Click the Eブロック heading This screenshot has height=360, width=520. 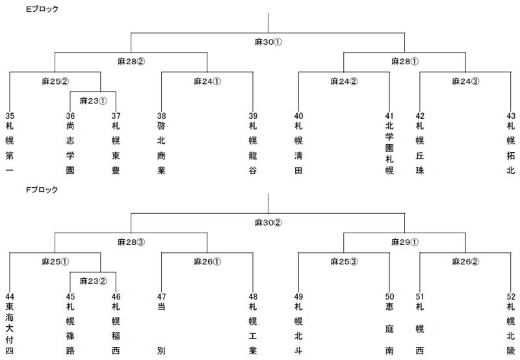click(x=42, y=9)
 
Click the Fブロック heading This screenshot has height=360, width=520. click(x=42, y=190)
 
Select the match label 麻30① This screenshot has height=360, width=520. click(x=268, y=42)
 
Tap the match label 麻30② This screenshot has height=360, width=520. click(x=268, y=223)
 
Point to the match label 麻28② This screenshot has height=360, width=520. click(x=131, y=61)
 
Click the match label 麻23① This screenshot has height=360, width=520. click(x=93, y=101)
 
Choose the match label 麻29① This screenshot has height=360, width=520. click(x=405, y=242)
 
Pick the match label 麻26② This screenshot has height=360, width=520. click(x=465, y=261)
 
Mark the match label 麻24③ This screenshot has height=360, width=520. click(x=465, y=81)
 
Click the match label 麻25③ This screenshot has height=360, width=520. click(x=344, y=261)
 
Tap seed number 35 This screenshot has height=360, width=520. click(x=10, y=116)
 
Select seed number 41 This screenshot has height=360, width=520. click(x=389, y=116)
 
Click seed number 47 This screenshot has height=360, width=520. click(x=161, y=297)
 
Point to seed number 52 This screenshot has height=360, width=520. click(x=511, y=297)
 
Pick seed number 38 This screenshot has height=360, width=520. click(x=161, y=116)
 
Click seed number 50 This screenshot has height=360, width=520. click(x=389, y=297)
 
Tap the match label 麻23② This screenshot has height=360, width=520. click(x=93, y=281)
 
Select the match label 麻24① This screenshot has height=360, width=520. click(x=207, y=81)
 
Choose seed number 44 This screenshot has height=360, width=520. click(x=10, y=297)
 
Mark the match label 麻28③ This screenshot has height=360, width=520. click(x=131, y=242)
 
